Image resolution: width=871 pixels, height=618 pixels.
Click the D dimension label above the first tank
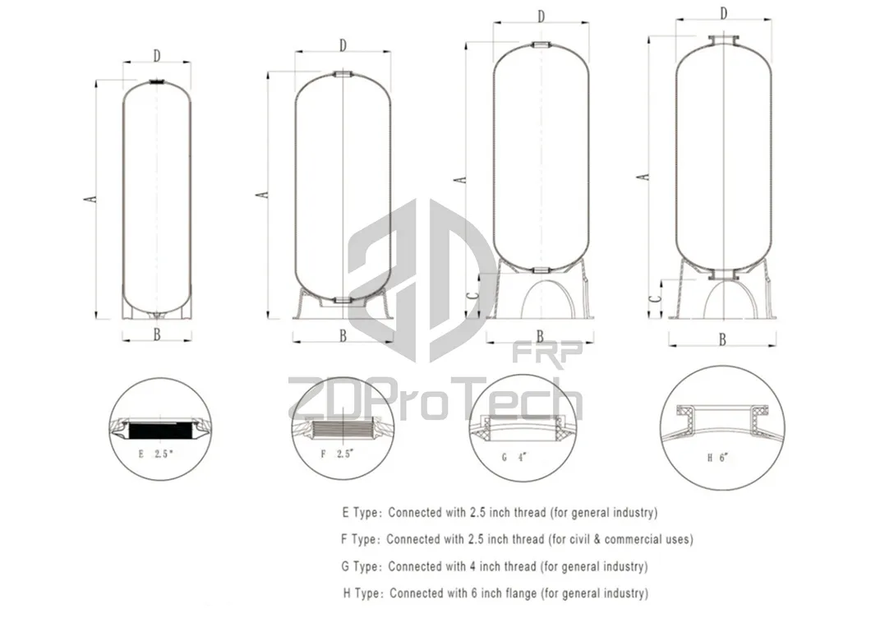point(156,55)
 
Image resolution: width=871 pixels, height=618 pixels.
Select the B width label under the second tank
point(343,335)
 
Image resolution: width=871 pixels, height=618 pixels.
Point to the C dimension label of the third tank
point(469,297)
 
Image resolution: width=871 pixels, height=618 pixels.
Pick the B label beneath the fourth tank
point(722,339)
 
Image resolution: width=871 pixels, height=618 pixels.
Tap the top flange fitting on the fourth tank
point(724,39)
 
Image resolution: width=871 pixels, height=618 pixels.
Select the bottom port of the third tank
point(541,270)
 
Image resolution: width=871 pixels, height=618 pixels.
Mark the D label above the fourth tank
point(724,13)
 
